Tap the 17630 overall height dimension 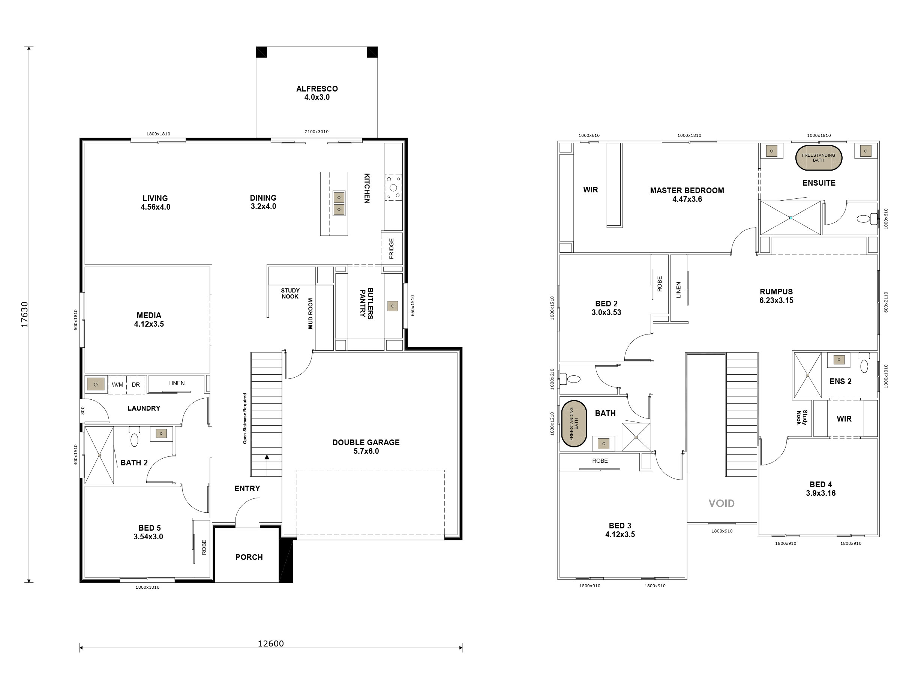click(24, 314)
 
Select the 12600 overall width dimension click(271, 643)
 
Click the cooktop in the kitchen click(393, 187)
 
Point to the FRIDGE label click(391, 248)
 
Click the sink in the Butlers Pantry click(393, 306)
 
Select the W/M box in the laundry click(117, 384)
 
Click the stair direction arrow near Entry click(267, 457)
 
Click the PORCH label click(249, 557)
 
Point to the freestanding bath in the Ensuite click(819, 158)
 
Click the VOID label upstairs click(721, 503)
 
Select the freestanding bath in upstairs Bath click(574, 423)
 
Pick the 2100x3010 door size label click(316, 131)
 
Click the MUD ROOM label click(310, 314)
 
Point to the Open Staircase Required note click(245, 418)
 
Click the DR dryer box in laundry click(136, 384)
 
